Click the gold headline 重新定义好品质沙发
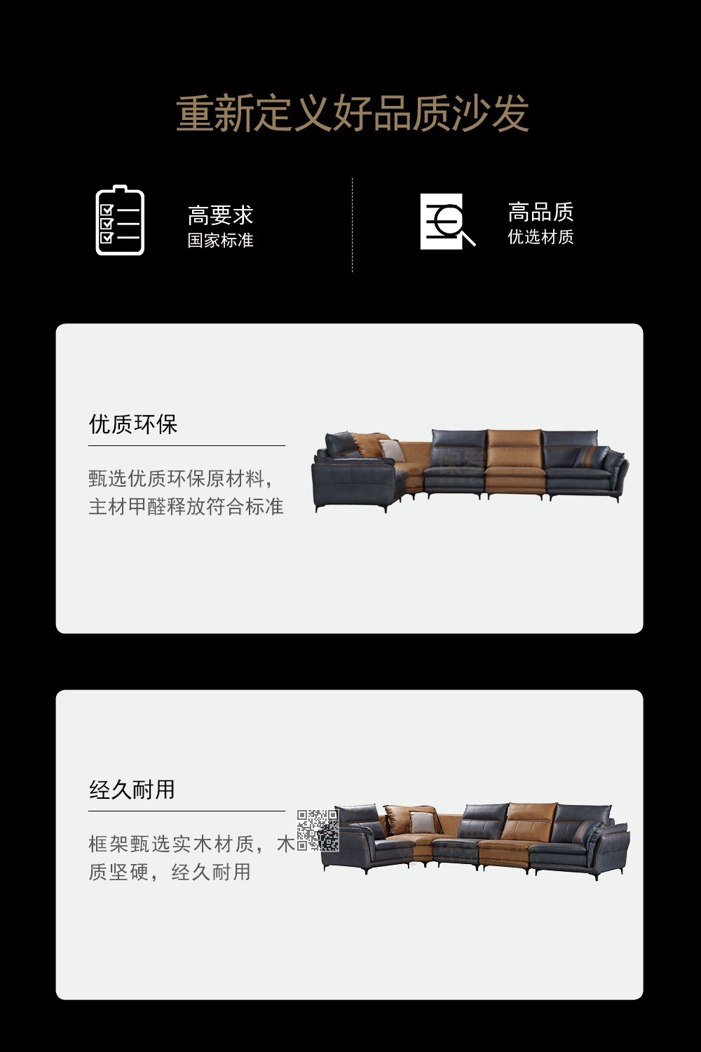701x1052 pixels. tap(352, 113)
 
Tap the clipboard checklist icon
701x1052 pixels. tap(120, 220)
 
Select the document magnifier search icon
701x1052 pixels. tap(447, 221)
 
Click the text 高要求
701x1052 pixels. tap(220, 215)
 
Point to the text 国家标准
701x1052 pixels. tap(220, 241)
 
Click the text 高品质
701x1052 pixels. tap(540, 212)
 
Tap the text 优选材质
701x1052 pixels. tap(540, 237)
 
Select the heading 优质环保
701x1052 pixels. tap(133, 424)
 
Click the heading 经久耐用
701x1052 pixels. tap(132, 790)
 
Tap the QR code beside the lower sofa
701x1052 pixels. tap(318, 830)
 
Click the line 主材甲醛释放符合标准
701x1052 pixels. tap(186, 507)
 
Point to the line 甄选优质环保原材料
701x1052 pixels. tap(180, 479)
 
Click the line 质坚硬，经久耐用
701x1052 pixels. tap(169, 872)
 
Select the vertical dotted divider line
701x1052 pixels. tap(352, 224)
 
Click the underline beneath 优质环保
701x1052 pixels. tap(186, 445)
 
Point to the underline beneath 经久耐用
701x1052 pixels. tap(186, 811)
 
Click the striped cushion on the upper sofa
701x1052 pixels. tap(590, 456)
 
